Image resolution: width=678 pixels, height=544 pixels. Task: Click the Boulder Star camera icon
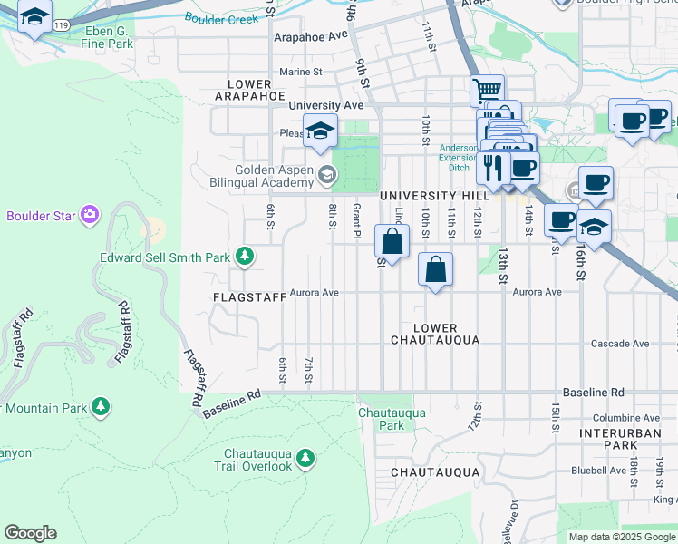point(89,215)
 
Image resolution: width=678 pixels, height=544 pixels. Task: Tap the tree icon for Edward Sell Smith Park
point(244,257)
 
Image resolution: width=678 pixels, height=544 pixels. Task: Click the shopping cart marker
point(487,91)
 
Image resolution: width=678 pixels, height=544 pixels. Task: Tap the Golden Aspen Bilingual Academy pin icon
point(324,177)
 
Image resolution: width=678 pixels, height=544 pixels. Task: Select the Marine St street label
point(301,72)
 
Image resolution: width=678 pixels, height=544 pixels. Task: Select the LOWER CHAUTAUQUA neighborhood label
point(434,333)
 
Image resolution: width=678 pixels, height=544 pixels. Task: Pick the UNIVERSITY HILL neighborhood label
point(430,196)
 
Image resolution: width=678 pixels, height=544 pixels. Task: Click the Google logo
point(30,533)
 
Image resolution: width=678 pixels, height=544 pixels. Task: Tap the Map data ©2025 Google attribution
point(621,537)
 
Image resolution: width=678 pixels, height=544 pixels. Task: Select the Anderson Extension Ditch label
point(458,157)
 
